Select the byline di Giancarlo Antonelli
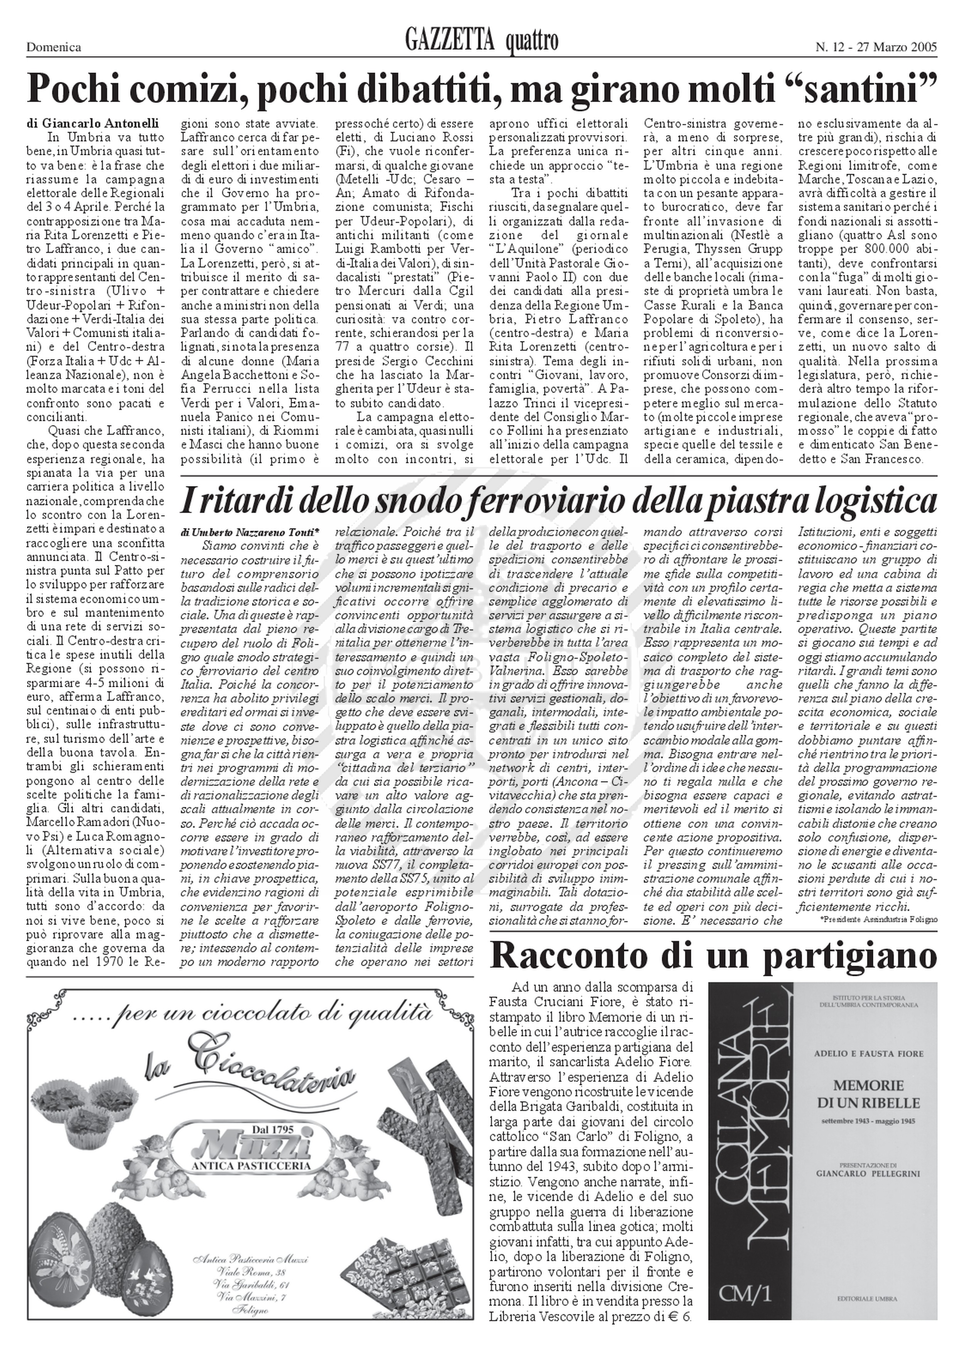click(92, 123)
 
